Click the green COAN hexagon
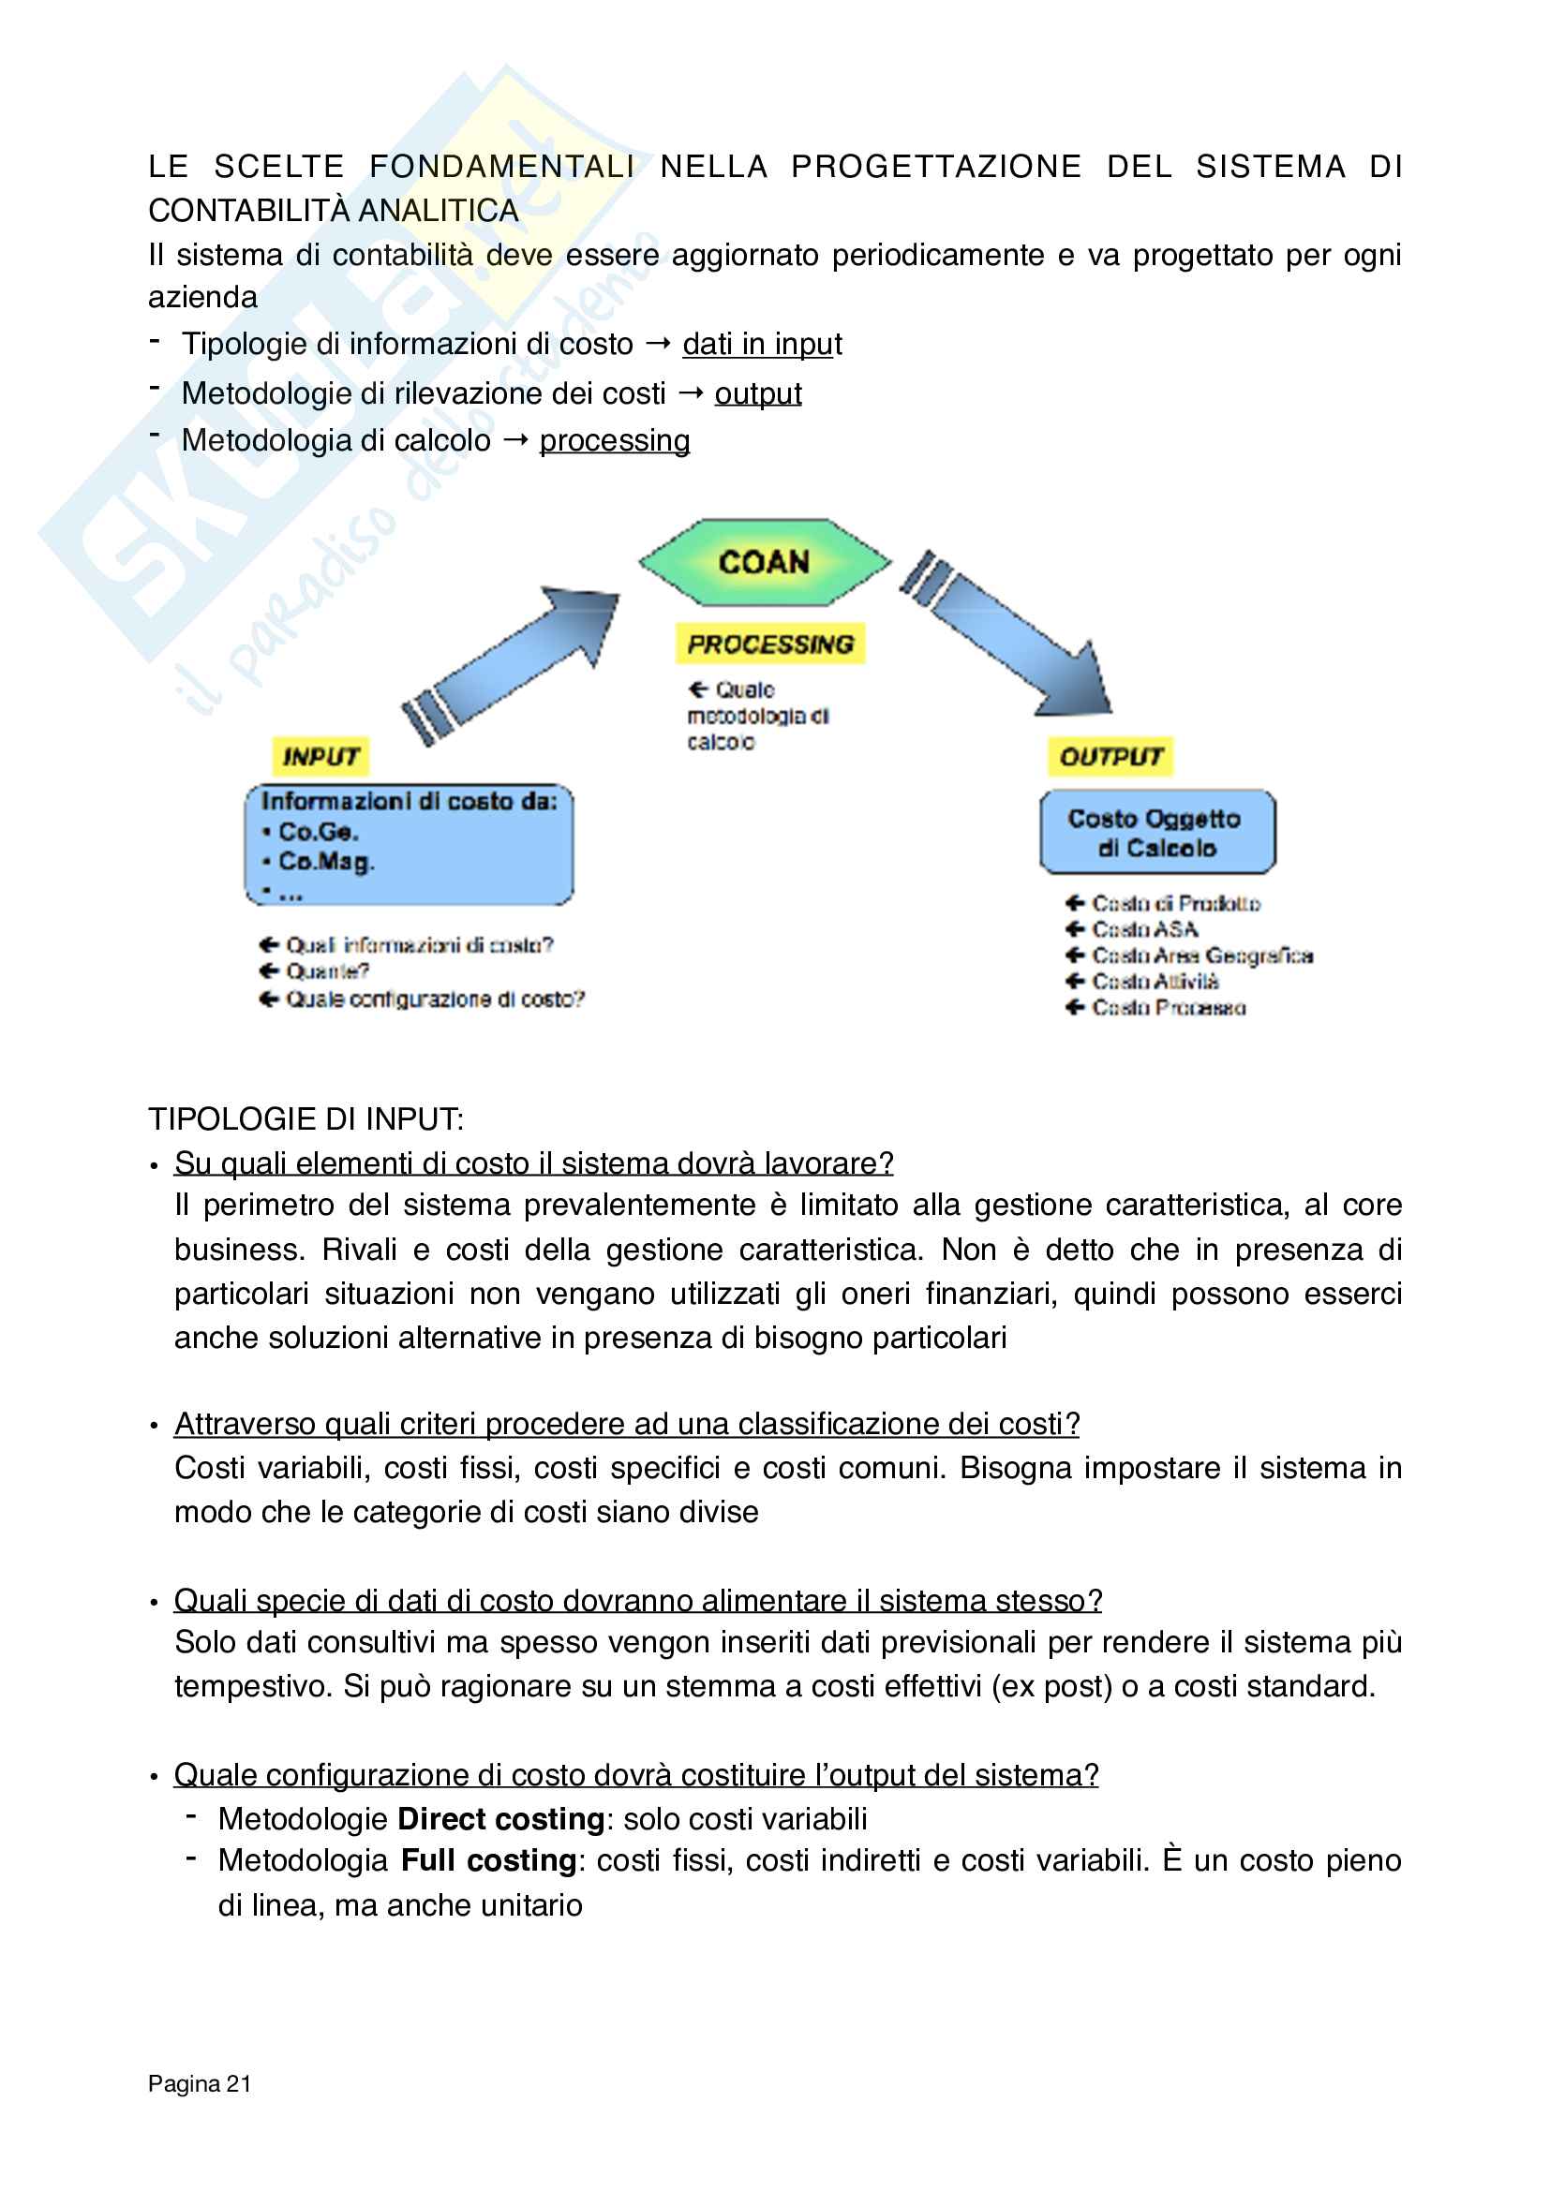(765, 562)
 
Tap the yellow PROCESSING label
(770, 644)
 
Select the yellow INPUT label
(320, 757)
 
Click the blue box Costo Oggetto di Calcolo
(1156, 832)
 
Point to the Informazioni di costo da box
(409, 845)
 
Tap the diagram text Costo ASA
(1144, 929)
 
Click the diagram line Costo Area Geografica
(1201, 955)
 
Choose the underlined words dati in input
(762, 344)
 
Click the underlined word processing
(614, 441)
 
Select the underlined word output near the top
(758, 393)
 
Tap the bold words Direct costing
(501, 1819)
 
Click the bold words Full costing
(488, 1861)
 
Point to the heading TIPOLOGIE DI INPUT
(306, 1118)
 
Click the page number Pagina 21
(200, 2083)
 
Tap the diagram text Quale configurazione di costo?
(434, 999)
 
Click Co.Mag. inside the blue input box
(325, 862)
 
